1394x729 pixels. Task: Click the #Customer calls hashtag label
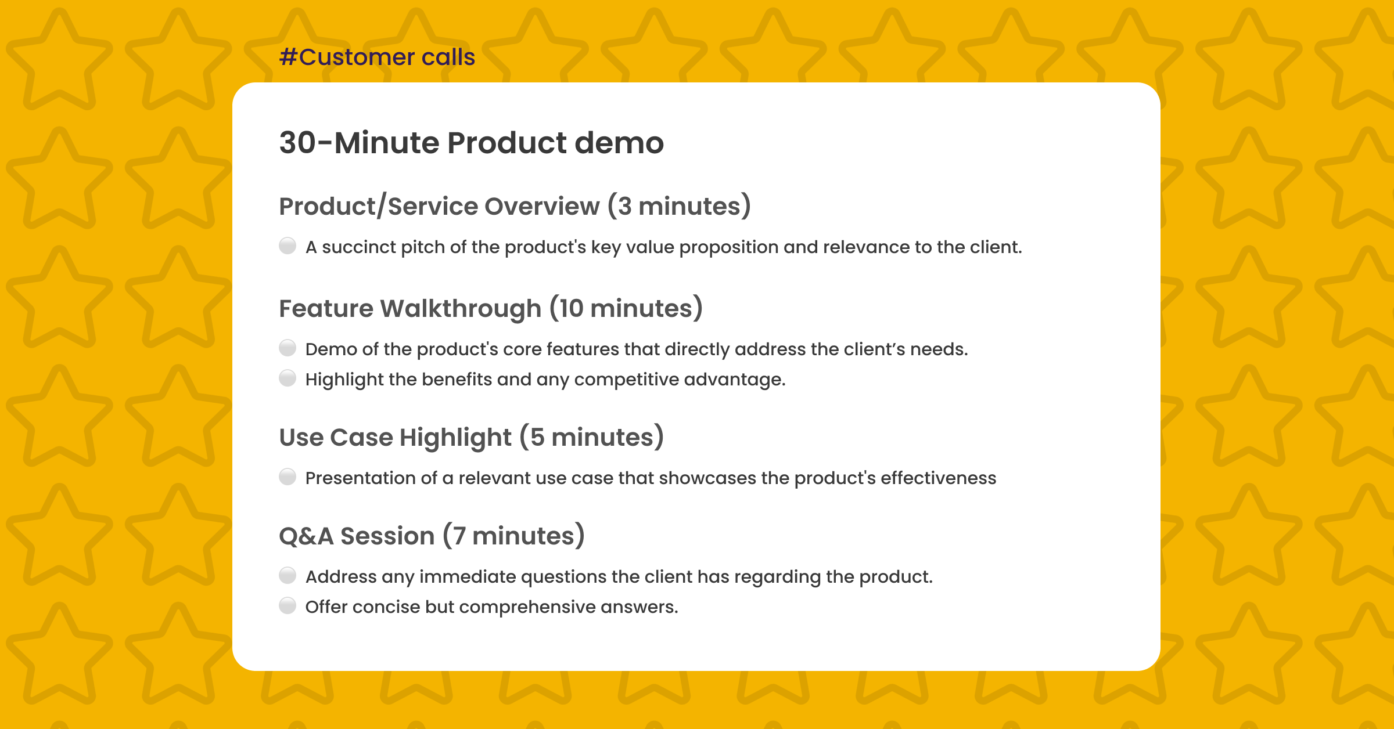pos(377,57)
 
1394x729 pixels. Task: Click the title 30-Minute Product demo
pos(471,143)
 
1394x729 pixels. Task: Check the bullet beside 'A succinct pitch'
pos(288,246)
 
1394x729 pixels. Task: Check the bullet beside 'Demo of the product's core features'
pos(288,348)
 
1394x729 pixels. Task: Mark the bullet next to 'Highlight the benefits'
pos(288,378)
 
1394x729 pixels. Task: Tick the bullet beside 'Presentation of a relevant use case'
pos(288,477)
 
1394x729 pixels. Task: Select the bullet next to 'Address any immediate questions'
pos(288,576)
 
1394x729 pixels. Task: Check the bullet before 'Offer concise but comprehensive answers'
pos(288,606)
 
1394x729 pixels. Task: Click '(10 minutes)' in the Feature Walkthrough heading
pos(626,309)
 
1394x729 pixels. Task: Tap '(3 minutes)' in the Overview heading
pos(679,207)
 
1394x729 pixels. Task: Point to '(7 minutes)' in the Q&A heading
pos(513,536)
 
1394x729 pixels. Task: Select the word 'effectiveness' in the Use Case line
pos(938,478)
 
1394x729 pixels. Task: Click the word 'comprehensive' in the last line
pos(527,607)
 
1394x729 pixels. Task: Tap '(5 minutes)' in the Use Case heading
pos(591,438)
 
